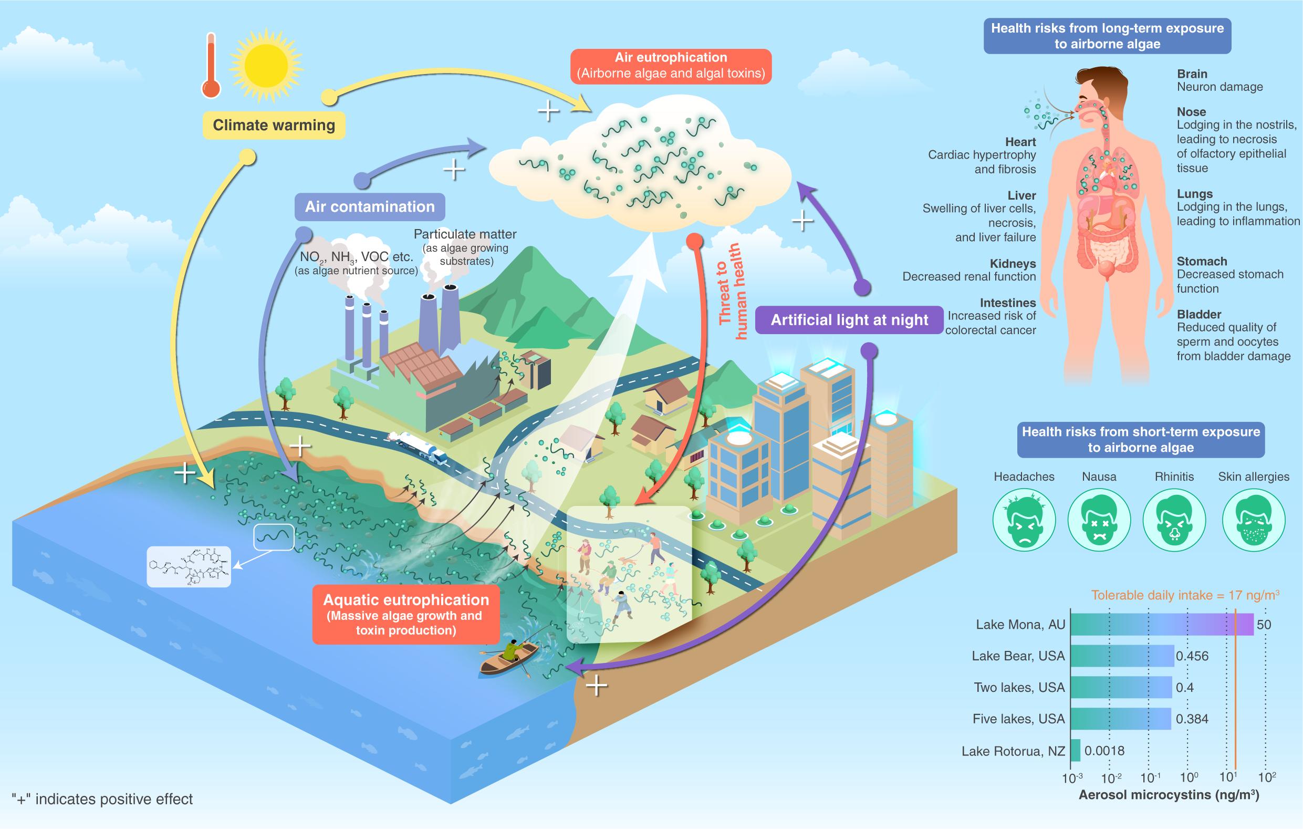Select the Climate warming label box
coord(274,125)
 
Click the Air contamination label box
coord(370,206)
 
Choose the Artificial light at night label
coord(849,320)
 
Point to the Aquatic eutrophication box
coord(406,614)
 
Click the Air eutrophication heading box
coord(671,66)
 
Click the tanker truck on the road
coord(419,447)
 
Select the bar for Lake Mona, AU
coord(1161,625)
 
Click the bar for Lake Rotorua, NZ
coord(1075,751)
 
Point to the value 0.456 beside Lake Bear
coord(1192,656)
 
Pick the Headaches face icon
coord(1024,520)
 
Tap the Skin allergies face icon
coord(1253,520)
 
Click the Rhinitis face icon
coord(1174,520)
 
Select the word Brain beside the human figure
coord(1192,74)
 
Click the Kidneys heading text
coord(1013,264)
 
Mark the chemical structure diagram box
coord(189,566)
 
